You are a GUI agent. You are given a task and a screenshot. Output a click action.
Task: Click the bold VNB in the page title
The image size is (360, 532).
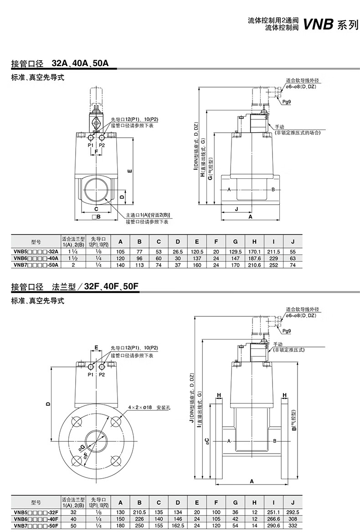coord(319,24)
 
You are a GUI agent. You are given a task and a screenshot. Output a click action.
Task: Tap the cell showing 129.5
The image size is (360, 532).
coord(236,251)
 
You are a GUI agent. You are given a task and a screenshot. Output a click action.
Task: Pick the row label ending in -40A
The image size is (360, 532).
coord(36,258)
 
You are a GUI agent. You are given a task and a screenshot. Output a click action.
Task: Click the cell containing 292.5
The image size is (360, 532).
coord(293,513)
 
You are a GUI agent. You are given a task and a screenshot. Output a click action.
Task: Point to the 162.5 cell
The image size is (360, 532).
coord(178,526)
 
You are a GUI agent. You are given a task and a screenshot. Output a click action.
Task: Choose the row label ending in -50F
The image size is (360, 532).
coord(36,526)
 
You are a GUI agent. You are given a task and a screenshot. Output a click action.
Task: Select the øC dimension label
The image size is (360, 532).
coord(207,441)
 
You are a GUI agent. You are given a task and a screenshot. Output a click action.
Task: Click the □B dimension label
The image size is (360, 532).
coord(96,217)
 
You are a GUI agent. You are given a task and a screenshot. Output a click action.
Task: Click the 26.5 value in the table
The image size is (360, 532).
coord(178,251)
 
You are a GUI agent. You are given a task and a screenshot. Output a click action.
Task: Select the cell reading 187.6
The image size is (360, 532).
coord(254,258)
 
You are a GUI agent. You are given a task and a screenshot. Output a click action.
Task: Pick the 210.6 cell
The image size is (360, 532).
coord(254,264)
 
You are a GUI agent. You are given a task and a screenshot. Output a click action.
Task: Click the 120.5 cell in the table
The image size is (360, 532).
coord(197,251)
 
